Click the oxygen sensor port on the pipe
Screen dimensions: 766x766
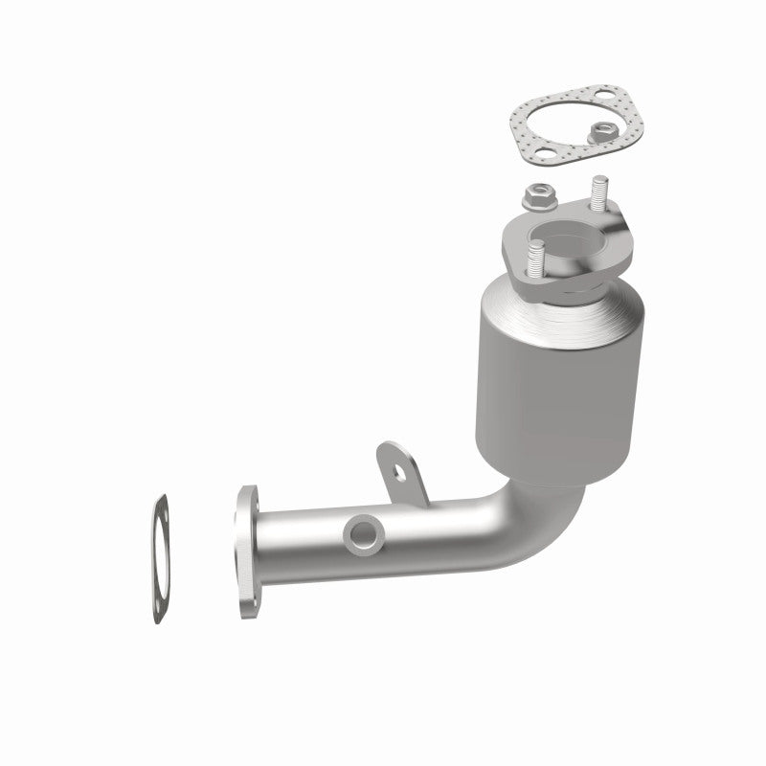tap(364, 532)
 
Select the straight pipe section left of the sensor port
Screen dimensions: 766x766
tap(302, 541)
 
